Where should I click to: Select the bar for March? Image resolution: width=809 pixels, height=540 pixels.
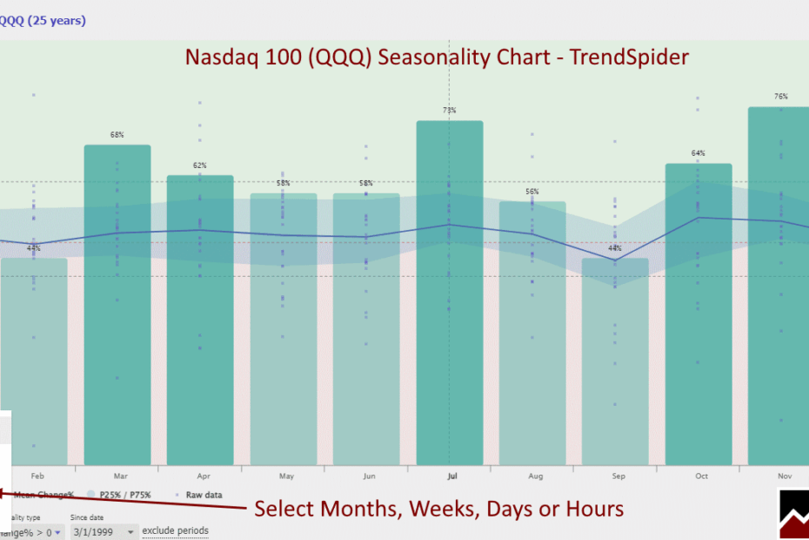pos(117,305)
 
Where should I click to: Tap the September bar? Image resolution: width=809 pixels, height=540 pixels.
pos(615,361)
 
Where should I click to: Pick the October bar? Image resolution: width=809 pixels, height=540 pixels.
pos(699,314)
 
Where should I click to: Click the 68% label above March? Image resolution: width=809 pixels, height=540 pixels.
pos(117,135)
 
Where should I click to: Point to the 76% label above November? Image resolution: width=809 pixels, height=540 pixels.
pos(781,97)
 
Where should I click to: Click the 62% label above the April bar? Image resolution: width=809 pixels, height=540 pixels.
pos(200,165)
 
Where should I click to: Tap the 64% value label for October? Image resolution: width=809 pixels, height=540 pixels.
pos(699,153)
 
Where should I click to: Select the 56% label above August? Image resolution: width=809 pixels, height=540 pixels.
pos(532,192)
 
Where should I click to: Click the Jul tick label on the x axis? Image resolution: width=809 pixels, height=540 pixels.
pos(452,476)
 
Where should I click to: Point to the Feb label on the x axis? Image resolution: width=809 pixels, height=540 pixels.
pos(37,476)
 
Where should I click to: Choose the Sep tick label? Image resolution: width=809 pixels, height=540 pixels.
pos(618,476)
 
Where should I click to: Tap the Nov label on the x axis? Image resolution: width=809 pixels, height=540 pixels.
pos(785,476)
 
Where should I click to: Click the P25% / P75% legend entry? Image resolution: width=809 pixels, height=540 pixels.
pos(124,495)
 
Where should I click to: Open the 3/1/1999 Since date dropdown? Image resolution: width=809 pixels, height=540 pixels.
pos(104,531)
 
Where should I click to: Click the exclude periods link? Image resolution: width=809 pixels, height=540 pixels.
pos(175,530)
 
